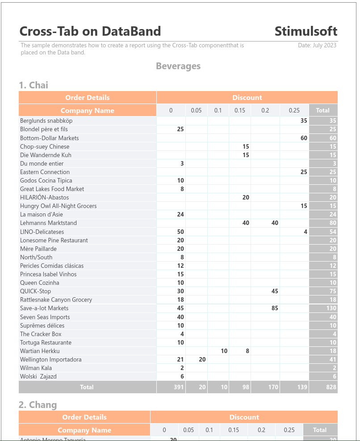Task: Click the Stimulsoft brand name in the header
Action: point(306,31)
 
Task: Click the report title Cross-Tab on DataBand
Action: point(90,31)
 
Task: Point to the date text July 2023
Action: point(317,45)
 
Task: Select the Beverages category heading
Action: point(178,66)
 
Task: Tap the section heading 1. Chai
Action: point(33,85)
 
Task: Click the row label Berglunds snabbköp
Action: point(46,121)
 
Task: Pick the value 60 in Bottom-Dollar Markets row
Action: point(304,138)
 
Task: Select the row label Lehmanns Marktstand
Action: point(48,223)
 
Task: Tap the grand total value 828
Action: point(331,387)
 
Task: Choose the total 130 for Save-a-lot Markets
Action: point(331,308)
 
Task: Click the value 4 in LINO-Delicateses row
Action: point(306,232)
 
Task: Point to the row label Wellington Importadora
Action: point(50,359)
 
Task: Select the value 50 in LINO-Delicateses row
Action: point(180,232)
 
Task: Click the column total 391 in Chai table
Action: point(179,387)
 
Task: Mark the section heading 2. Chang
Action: point(38,405)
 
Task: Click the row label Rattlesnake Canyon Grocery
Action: point(56,300)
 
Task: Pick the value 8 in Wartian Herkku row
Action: point(247,351)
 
